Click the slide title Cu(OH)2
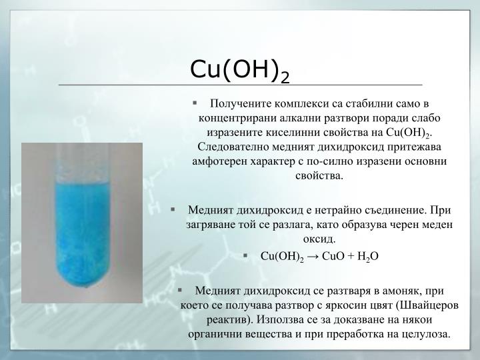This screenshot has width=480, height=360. point(240,69)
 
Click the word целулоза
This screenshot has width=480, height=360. point(425,335)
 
